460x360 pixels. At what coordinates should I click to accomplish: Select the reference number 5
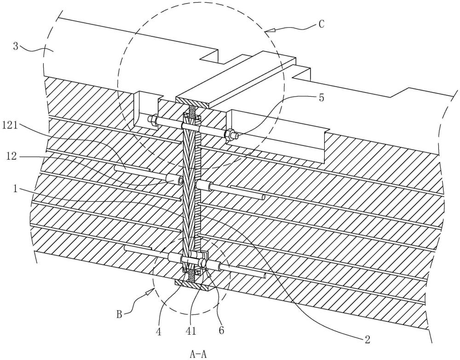[322, 98]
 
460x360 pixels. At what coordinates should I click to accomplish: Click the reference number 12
[11, 157]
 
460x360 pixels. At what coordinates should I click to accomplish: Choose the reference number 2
[367, 340]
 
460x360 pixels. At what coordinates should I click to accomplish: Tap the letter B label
[120, 315]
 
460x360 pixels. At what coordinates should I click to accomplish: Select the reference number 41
[190, 331]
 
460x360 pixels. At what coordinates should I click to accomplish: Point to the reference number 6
[221, 330]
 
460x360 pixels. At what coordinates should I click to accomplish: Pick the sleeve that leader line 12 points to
[174, 180]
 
